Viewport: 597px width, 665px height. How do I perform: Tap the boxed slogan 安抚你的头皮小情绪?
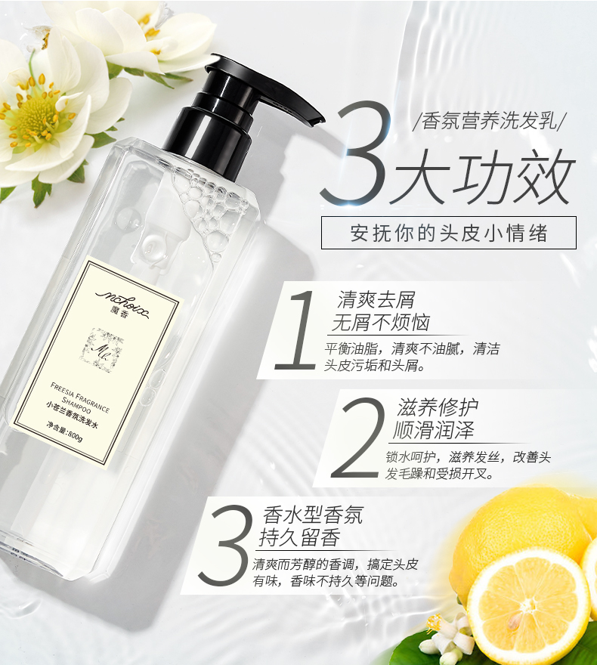point(449,233)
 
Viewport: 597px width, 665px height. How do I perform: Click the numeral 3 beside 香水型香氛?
point(224,545)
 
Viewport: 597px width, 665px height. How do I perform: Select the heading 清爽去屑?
point(376,300)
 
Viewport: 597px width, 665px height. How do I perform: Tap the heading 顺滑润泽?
point(433,430)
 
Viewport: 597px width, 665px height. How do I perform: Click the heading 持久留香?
point(300,538)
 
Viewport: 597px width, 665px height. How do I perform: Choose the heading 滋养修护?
point(437,407)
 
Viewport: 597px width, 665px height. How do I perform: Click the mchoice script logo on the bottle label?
point(123,299)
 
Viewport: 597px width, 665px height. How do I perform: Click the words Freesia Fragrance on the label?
point(80,397)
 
